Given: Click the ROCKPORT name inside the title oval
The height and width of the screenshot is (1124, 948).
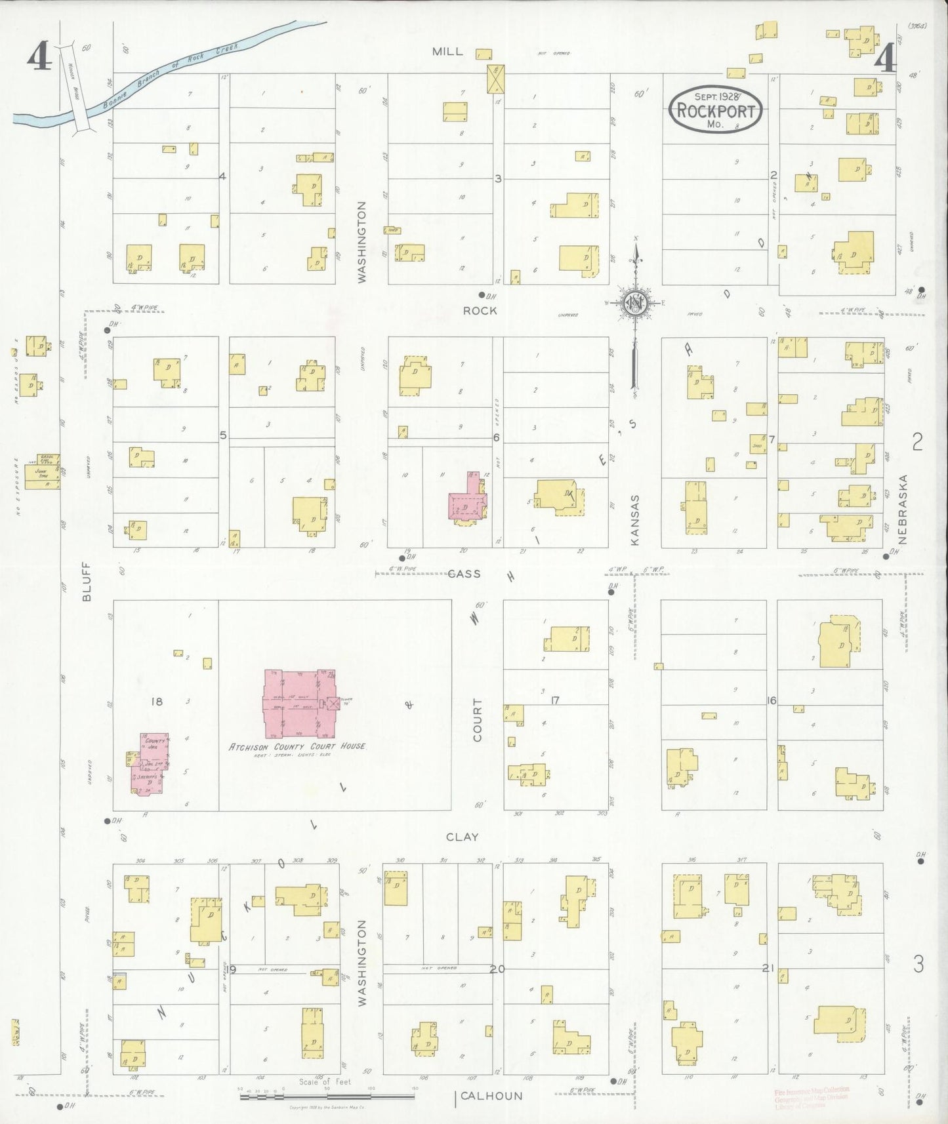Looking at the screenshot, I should point(716,110).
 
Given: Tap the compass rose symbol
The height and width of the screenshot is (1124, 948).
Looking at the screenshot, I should point(635,303).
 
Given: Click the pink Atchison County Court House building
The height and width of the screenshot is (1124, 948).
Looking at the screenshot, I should point(299,704).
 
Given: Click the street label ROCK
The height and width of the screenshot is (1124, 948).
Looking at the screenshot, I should point(480,310).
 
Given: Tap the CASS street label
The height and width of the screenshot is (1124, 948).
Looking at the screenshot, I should point(464,574).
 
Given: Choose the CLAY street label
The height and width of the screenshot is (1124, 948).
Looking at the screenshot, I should point(463,837).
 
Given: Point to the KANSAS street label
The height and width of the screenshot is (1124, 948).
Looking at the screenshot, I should point(634,519).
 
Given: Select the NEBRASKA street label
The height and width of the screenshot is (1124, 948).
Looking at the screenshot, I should point(903,509).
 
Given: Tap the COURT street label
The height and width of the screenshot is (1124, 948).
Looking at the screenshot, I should point(477,719).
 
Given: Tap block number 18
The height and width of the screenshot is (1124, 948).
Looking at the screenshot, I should point(156,702).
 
